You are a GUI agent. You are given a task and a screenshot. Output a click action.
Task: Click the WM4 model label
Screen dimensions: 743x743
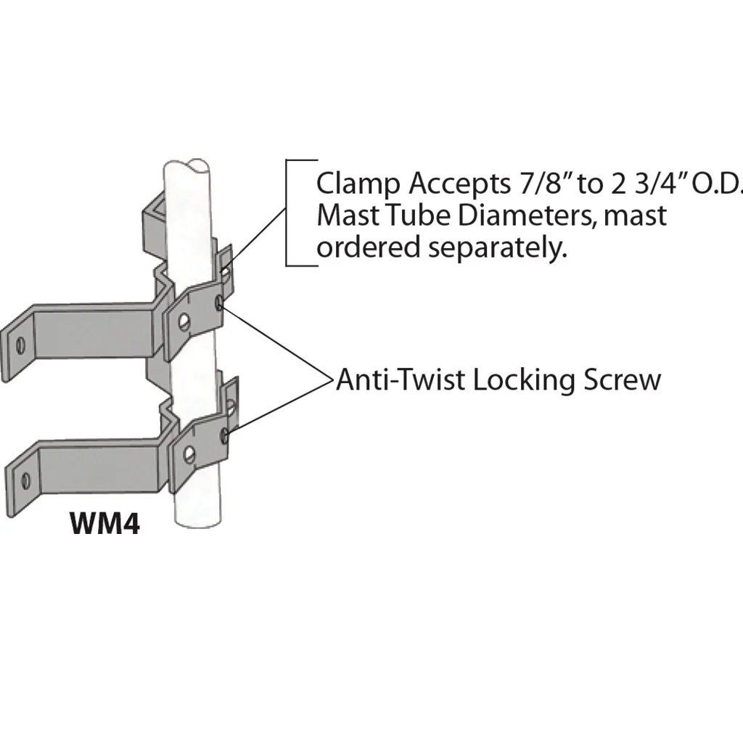tap(104, 523)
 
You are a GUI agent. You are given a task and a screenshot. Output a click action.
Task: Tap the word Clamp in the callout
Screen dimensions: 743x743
tap(358, 184)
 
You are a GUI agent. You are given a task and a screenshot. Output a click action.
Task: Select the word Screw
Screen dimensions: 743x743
tap(622, 381)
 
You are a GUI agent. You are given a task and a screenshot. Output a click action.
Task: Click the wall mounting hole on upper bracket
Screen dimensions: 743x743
tap(20, 345)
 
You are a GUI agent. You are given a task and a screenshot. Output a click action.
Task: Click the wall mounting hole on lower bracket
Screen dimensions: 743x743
tap(25, 480)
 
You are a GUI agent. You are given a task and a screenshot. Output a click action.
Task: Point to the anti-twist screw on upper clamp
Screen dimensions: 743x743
tap(219, 303)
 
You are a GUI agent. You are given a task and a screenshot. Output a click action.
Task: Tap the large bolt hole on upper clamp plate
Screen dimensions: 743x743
tap(184, 322)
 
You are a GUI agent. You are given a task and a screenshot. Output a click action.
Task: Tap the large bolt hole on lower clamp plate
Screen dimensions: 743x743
tap(189, 454)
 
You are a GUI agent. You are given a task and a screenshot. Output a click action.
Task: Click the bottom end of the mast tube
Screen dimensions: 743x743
tap(198, 520)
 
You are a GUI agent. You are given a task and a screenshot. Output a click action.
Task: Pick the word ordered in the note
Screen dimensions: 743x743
tap(369, 247)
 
